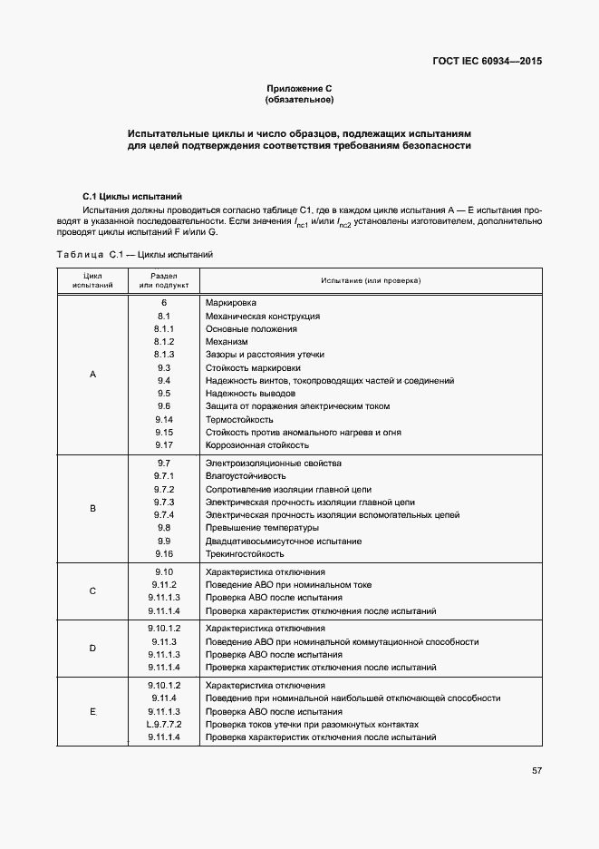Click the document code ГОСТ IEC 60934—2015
[489, 63]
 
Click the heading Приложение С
[299, 88]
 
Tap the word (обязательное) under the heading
[299, 99]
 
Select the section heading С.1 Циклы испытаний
[131, 196]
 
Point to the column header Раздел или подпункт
[164, 280]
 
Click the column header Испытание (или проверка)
[370, 281]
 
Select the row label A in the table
[92, 374]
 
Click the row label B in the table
[92, 509]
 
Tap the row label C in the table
[92, 591]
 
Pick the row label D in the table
[92, 648]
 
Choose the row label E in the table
[92, 712]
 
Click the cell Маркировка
[231, 302]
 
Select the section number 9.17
[164, 445]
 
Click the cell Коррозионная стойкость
[257, 445]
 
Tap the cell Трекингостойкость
[246, 554]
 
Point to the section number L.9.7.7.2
[164, 725]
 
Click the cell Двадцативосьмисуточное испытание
[284, 542]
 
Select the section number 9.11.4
[164, 698]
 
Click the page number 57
[536, 771]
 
